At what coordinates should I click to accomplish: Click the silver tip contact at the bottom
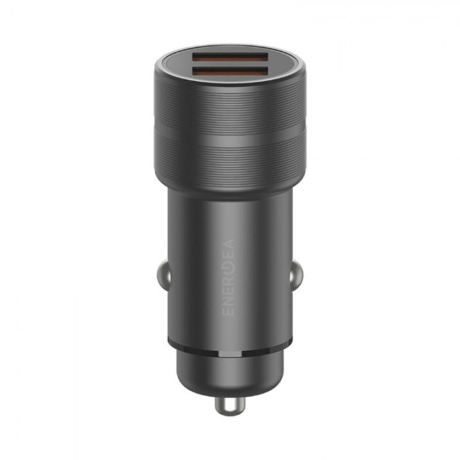[228, 406]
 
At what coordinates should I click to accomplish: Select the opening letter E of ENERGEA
[229, 310]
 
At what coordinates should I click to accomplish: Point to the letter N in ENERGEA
[229, 300]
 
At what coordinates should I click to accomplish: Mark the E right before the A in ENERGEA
[229, 253]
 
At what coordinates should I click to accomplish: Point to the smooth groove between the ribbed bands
[230, 129]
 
